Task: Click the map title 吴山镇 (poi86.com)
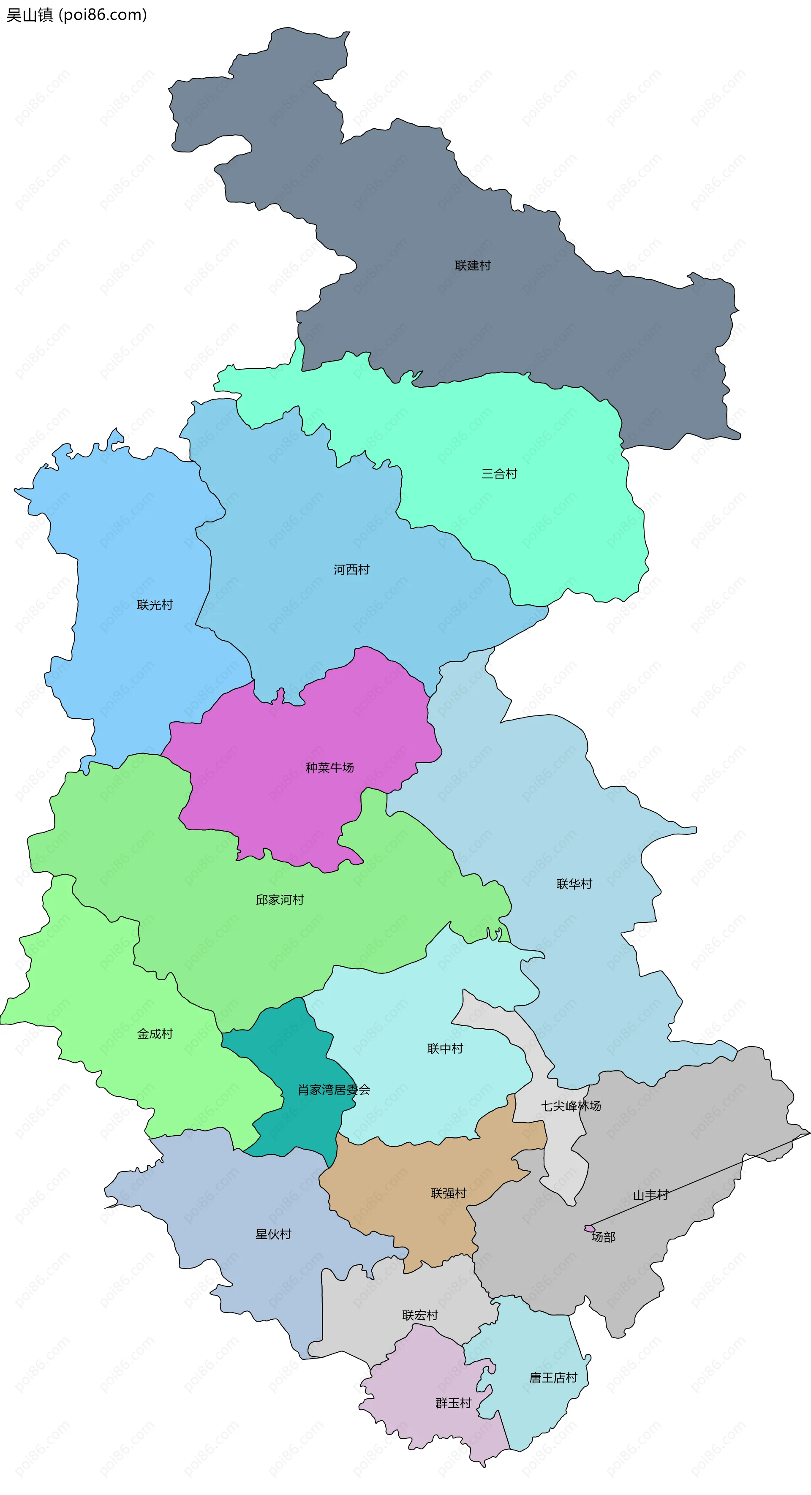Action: coord(76,14)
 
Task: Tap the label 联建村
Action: coord(473,265)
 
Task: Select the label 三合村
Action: coord(499,473)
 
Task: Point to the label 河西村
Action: coord(351,569)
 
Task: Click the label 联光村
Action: coord(155,605)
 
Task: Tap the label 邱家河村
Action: coord(280,900)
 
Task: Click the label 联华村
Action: coord(574,883)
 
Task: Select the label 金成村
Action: coord(155,1033)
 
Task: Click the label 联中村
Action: coord(445,1048)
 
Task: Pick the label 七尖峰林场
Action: coord(571,1106)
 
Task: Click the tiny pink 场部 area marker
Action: coord(589,1228)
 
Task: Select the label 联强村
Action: coord(448,1193)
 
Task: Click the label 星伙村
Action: coord(273,1234)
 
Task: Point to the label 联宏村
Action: coord(420,1315)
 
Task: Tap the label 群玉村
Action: coord(453,1403)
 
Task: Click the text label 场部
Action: coord(603,1237)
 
